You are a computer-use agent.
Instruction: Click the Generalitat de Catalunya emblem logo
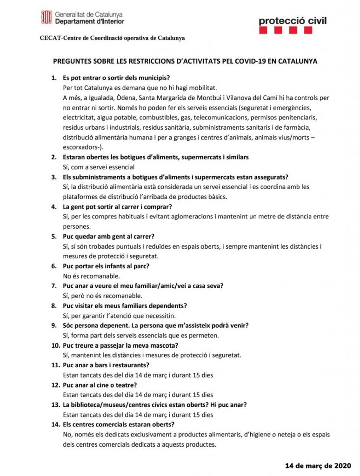pyautogui.click(x=46, y=18)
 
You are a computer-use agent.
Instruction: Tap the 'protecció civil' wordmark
pyautogui.click(x=292, y=20)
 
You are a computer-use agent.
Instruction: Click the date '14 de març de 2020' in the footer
pyautogui.click(x=319, y=465)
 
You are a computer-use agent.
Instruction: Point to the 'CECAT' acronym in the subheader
pyautogui.click(x=50, y=38)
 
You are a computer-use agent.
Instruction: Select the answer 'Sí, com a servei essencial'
pyautogui.click(x=99, y=167)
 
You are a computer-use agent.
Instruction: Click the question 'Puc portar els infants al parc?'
pyautogui.click(x=106, y=266)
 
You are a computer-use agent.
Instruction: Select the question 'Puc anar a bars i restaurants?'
pyautogui.click(x=106, y=365)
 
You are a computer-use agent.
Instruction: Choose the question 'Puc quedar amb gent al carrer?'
pyautogui.click(x=108, y=237)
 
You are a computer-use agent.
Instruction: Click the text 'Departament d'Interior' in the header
pyautogui.click(x=89, y=21)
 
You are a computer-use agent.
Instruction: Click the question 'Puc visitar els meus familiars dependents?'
pyautogui.click(x=125, y=306)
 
